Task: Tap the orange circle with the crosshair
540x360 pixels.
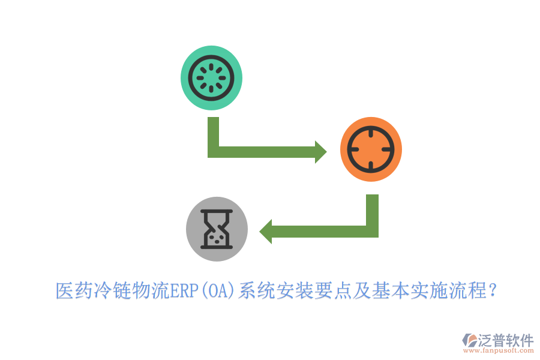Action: tap(370, 149)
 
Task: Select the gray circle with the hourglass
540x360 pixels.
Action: tap(217, 229)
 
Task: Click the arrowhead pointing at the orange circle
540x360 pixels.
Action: tap(320, 152)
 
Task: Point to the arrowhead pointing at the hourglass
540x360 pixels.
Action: tap(266, 232)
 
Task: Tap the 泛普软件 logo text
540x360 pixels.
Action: tap(505, 340)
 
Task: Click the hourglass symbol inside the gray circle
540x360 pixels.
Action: tap(217, 229)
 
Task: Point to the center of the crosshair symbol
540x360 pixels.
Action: tap(370, 149)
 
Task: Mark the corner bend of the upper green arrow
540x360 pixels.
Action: tap(214, 152)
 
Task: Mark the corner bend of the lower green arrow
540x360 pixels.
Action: tap(372, 232)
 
